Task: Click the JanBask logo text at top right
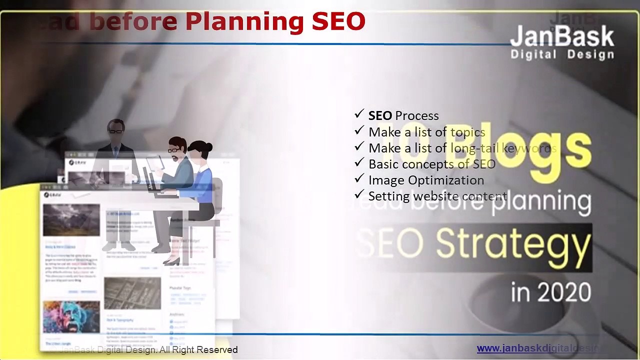point(562,36)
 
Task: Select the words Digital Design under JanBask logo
point(562,54)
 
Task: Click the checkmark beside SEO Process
point(358,114)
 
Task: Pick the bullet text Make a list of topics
point(426,132)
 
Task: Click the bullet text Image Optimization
point(426,180)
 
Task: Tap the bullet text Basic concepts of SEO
point(431,164)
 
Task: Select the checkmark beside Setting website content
point(358,194)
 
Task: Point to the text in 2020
point(550,292)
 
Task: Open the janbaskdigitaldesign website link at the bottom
point(540,348)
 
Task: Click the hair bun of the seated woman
point(207,147)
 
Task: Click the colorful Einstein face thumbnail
point(71,316)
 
